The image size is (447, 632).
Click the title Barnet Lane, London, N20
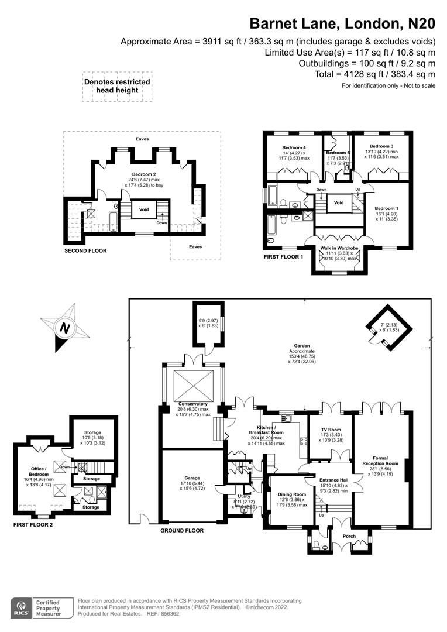click(x=342, y=23)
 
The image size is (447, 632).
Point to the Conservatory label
click(x=193, y=404)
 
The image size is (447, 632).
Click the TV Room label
click(x=331, y=430)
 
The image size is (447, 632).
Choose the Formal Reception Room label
click(x=385, y=460)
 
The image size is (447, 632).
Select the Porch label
click(x=349, y=536)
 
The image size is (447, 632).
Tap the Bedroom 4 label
click(x=294, y=147)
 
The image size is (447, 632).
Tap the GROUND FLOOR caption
click(x=182, y=531)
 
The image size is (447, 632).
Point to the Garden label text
click(x=302, y=346)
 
